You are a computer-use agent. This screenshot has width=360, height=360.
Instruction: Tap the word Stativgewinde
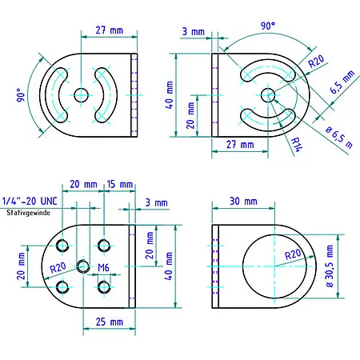[27, 214]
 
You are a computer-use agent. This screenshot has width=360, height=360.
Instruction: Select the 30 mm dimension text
[244, 200]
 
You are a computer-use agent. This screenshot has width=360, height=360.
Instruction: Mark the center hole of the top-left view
[81, 94]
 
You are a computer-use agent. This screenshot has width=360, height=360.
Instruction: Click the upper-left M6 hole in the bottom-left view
[62, 245]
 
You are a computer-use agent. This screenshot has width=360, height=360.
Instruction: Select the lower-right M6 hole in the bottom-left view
[103, 286]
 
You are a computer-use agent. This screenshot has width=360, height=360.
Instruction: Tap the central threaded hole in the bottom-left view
[82, 266]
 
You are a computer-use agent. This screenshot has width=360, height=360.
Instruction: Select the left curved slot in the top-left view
[57, 94]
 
